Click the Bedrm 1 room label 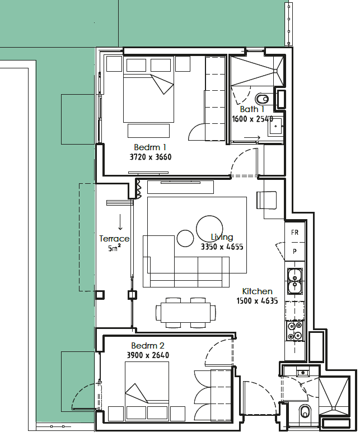point(150,147)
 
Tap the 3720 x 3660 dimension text point(151,157)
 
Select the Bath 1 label point(252,109)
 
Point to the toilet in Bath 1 point(262,99)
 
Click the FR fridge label point(294,232)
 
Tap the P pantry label point(294,252)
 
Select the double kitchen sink point(294,281)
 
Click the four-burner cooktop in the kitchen point(295,331)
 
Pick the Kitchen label point(257,291)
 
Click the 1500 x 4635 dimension point(257,300)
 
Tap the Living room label point(222,237)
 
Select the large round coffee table point(209,229)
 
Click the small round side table point(185,238)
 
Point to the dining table point(185,313)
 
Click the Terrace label point(114,239)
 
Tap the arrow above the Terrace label point(120,222)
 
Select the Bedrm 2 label point(147,346)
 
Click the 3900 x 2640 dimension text point(148,355)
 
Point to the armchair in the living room point(267,200)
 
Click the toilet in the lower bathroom point(305,411)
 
